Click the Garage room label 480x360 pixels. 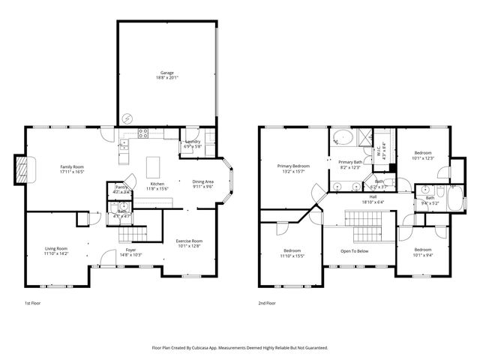coord(166,73)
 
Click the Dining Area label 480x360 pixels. coord(202,181)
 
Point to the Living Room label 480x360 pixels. coord(56,249)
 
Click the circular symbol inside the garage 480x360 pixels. coord(127,118)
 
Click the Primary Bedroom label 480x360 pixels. coord(292,166)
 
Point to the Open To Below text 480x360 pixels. coord(354,250)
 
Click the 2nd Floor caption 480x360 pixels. coord(267,303)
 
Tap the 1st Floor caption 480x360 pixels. coord(34,303)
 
